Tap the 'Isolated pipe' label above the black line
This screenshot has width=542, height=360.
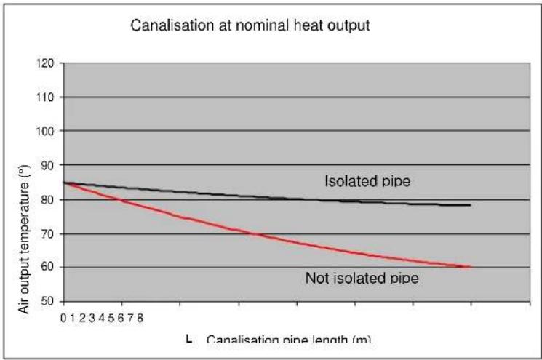point(367,181)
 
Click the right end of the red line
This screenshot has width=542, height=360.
point(471,267)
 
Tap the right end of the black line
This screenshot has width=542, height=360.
point(471,205)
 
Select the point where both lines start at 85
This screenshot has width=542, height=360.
point(65,183)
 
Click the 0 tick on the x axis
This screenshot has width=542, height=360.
point(64,317)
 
